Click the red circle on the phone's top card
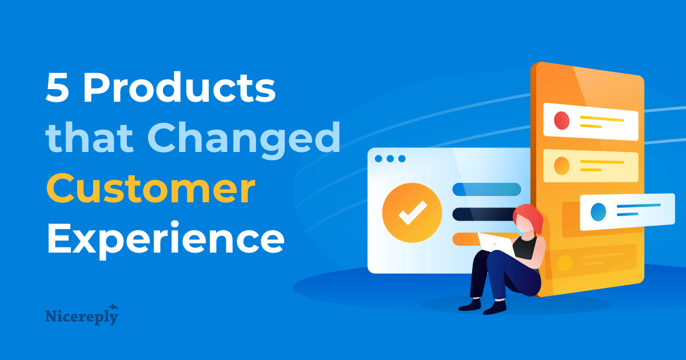click(x=562, y=121)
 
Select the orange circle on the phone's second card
click(x=562, y=166)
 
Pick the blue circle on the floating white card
click(x=598, y=211)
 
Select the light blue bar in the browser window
click(x=486, y=189)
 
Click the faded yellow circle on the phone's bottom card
click(x=564, y=263)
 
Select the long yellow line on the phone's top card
click(x=602, y=119)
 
